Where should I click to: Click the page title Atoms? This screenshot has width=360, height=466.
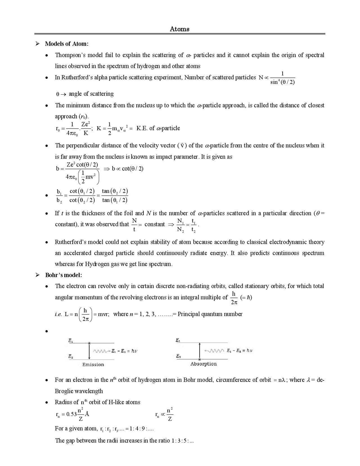point(179,29)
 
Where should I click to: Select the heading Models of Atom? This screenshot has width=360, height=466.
point(67,44)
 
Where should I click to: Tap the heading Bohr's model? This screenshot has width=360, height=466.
point(64,275)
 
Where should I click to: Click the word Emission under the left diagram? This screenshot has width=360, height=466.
point(93,364)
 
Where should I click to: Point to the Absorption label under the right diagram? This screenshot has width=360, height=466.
point(203,364)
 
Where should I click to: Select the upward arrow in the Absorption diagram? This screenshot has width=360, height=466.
point(199,351)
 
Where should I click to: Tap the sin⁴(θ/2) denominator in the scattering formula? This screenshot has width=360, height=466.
point(282,82)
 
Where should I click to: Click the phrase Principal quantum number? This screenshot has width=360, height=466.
point(210,314)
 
